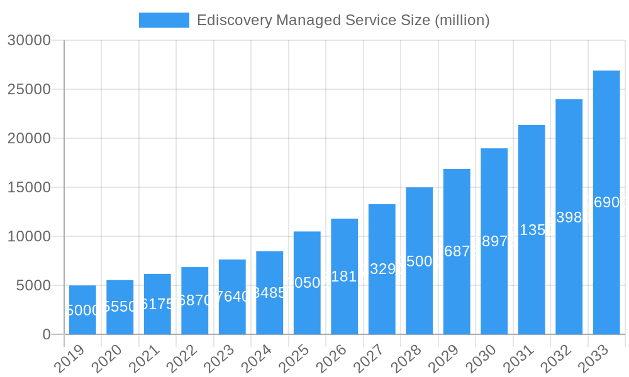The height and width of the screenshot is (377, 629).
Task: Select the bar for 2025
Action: click(x=307, y=283)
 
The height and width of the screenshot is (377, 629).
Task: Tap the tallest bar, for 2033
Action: click(x=606, y=202)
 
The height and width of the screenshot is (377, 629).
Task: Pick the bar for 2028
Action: click(x=419, y=261)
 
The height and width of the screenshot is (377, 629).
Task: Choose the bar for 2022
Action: click(x=195, y=300)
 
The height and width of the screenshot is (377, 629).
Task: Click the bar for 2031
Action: click(x=532, y=229)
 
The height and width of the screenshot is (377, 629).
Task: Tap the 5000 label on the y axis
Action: click(x=32, y=285)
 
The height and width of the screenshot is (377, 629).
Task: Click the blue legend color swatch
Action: click(x=164, y=20)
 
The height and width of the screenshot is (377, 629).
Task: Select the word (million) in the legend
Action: click(x=462, y=20)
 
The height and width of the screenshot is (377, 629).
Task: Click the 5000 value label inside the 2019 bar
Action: click(x=82, y=310)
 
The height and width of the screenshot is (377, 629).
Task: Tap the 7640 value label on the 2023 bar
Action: click(x=232, y=297)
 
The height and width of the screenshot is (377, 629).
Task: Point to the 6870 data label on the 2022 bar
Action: click(x=195, y=300)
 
